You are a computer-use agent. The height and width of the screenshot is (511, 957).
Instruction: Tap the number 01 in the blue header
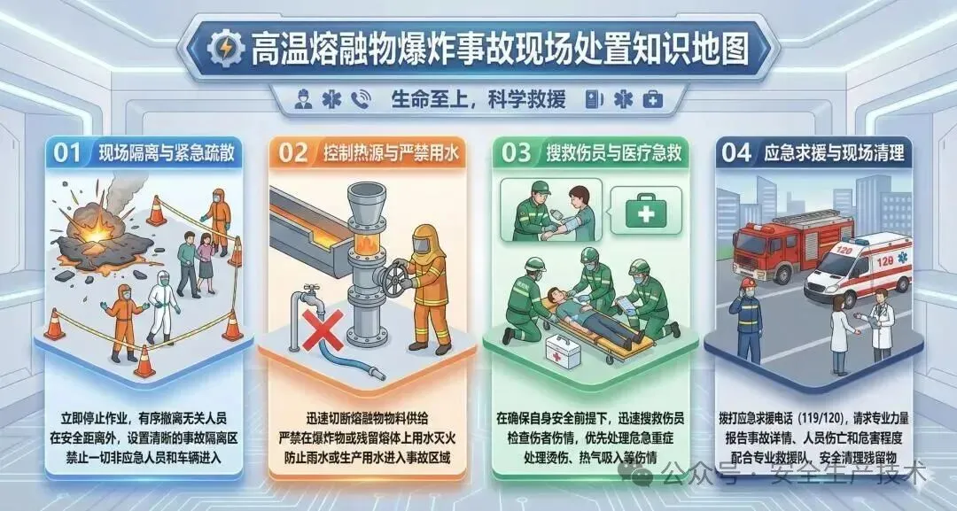67,153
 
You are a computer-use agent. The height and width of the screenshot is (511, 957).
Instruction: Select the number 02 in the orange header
293,153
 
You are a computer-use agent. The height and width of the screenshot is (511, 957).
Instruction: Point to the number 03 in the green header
516,153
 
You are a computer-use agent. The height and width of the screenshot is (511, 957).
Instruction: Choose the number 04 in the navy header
736,153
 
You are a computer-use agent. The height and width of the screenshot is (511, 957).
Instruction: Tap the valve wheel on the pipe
393,278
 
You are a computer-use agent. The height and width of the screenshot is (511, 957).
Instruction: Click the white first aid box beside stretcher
563,351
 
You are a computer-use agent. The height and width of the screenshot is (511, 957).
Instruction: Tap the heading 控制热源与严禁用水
391,154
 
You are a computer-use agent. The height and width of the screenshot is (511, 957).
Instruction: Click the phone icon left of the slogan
361,99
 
